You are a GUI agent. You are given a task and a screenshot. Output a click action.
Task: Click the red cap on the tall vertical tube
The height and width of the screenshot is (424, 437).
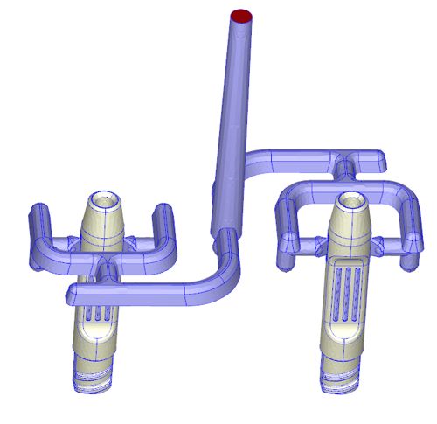click(242, 16)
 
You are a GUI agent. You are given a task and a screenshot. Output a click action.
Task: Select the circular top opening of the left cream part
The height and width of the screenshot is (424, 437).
click(104, 198)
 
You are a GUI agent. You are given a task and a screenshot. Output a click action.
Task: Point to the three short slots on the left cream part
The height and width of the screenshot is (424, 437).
click(98, 312)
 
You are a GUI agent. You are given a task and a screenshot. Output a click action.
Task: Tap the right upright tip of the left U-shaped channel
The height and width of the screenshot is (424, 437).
click(163, 212)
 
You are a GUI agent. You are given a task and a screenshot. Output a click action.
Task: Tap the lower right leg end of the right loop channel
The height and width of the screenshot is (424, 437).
click(407, 261)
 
